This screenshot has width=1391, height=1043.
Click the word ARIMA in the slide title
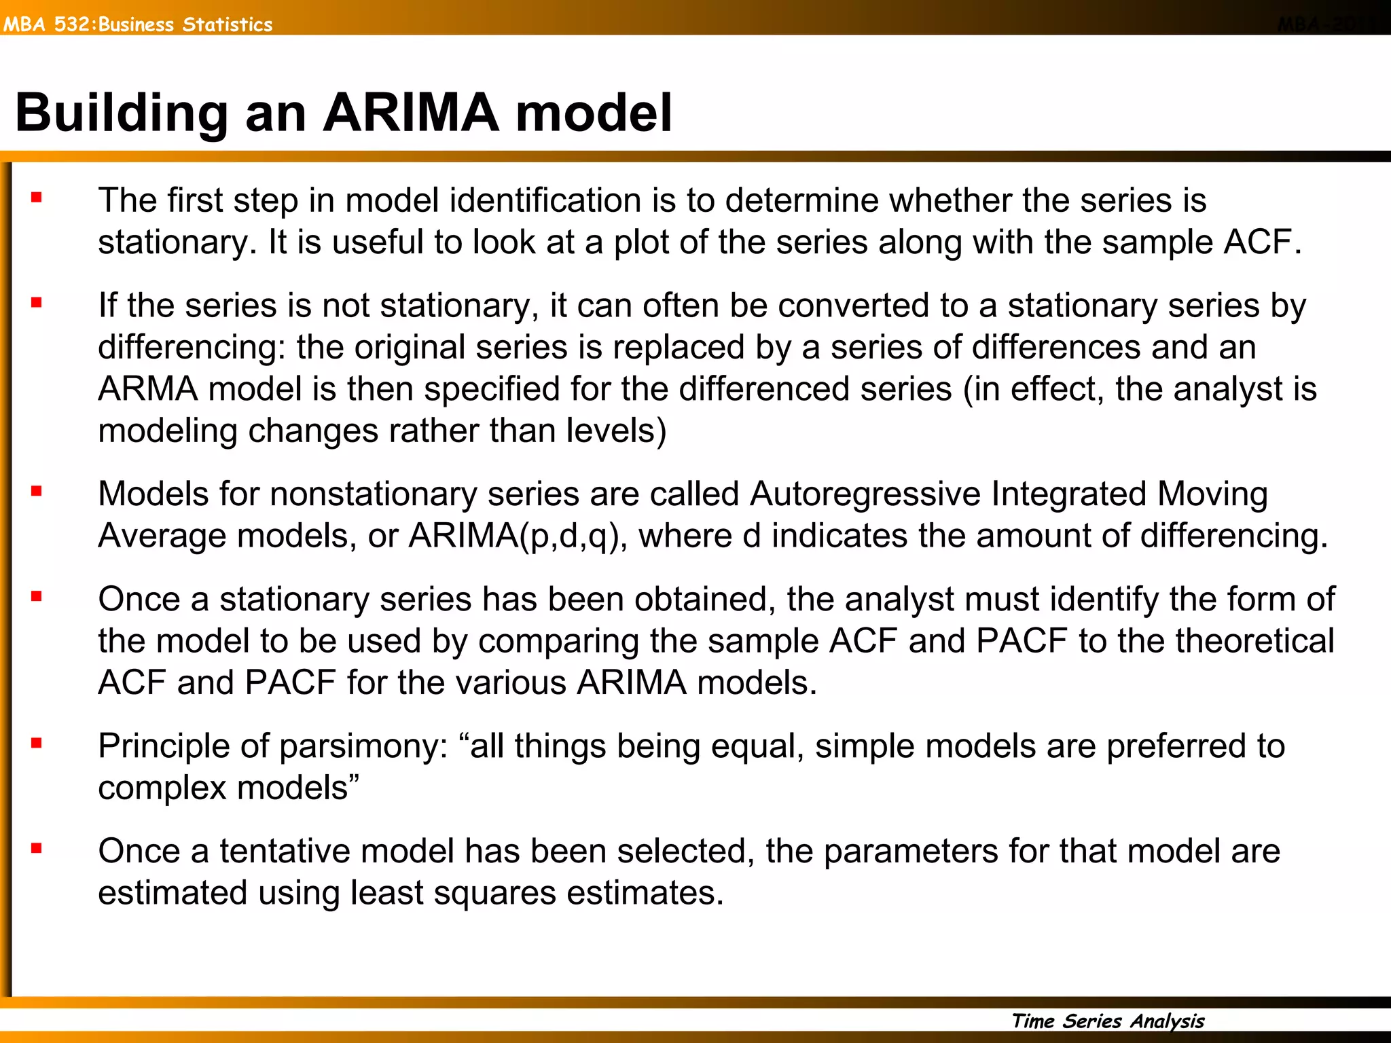coord(411,113)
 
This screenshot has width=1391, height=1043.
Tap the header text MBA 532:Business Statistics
coord(137,24)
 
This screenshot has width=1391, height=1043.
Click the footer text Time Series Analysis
coord(1108,1021)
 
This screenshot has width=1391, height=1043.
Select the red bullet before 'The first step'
coord(37,198)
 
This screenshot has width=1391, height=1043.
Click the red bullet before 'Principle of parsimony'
coord(37,744)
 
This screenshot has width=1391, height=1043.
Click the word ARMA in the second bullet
coord(148,389)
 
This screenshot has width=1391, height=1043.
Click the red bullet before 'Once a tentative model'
coord(37,848)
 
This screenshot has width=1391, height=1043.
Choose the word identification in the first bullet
coord(545,201)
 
